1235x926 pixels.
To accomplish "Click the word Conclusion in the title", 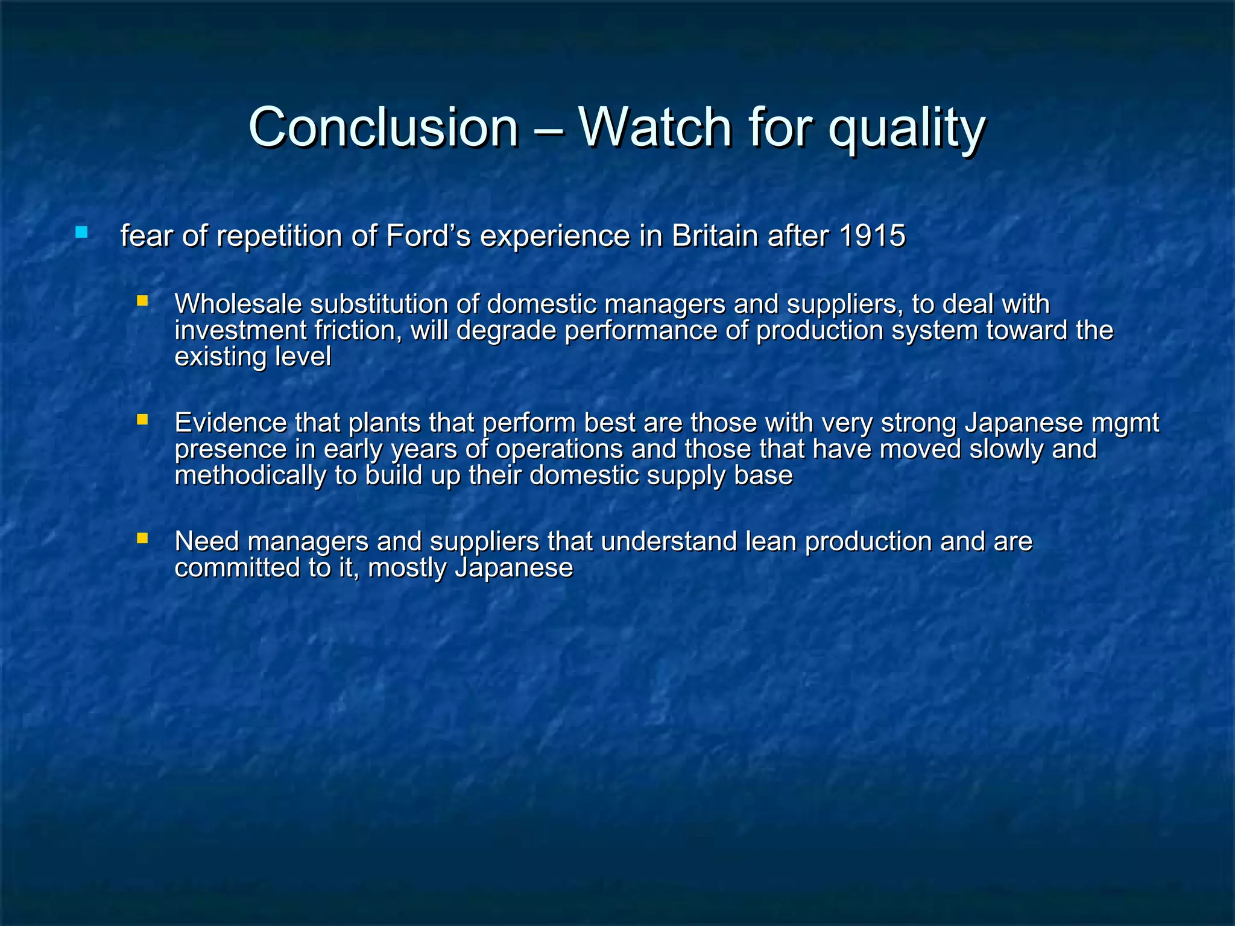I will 383,127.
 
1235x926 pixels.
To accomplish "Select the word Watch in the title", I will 655,127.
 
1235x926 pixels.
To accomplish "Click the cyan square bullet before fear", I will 81,232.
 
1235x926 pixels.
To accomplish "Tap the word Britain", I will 715,236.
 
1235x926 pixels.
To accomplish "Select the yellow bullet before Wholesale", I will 142,300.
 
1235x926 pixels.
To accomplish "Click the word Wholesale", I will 238,304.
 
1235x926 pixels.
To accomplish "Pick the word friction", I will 358,330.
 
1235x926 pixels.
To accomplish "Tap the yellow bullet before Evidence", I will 142,419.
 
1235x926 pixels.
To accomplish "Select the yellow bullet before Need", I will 142,538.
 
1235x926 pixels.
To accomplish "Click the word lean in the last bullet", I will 771,541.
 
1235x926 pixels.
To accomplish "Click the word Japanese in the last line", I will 513,568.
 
